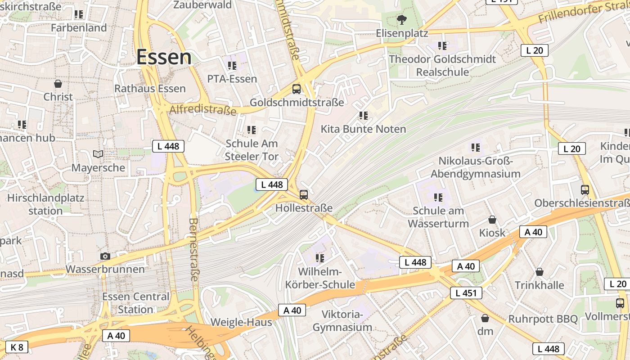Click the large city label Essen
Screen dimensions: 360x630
tap(164, 57)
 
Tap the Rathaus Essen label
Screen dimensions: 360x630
tap(150, 88)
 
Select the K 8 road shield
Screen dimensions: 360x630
tap(16, 347)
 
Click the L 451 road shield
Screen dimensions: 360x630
tap(466, 293)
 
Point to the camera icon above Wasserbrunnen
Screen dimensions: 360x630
tap(105, 256)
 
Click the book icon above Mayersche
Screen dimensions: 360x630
tap(98, 154)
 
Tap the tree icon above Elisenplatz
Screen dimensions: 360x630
tap(401, 19)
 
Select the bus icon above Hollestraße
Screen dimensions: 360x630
tap(304, 195)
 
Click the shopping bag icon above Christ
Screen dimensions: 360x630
tap(58, 84)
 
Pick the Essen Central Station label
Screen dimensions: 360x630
tap(136, 303)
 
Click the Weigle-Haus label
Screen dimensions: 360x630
tap(241, 322)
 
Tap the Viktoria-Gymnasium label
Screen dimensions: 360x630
tap(342, 320)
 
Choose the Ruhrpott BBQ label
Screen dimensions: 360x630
tap(543, 319)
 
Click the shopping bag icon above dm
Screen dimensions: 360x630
tap(485, 318)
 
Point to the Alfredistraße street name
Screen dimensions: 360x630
tap(203, 110)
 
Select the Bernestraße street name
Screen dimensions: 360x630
tap(194, 250)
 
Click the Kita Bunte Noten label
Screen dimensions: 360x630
tap(363, 129)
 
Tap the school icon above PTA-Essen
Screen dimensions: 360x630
tap(232, 66)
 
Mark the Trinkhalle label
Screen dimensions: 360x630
tap(539, 285)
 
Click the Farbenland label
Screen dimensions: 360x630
tap(79, 28)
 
